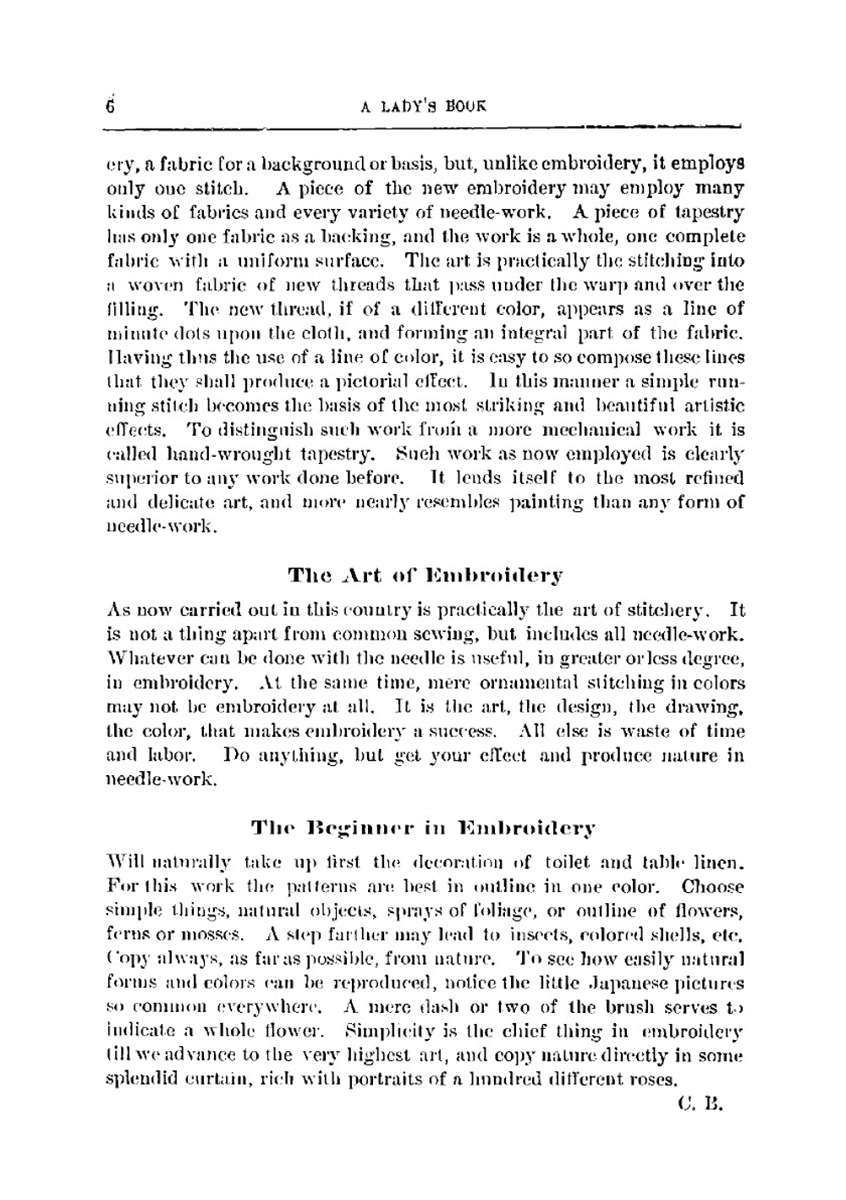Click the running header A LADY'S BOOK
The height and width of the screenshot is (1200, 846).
click(424, 107)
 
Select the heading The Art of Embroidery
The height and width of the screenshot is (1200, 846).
click(425, 576)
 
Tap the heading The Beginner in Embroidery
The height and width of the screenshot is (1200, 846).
click(423, 828)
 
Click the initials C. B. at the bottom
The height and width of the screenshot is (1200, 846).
click(701, 1104)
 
